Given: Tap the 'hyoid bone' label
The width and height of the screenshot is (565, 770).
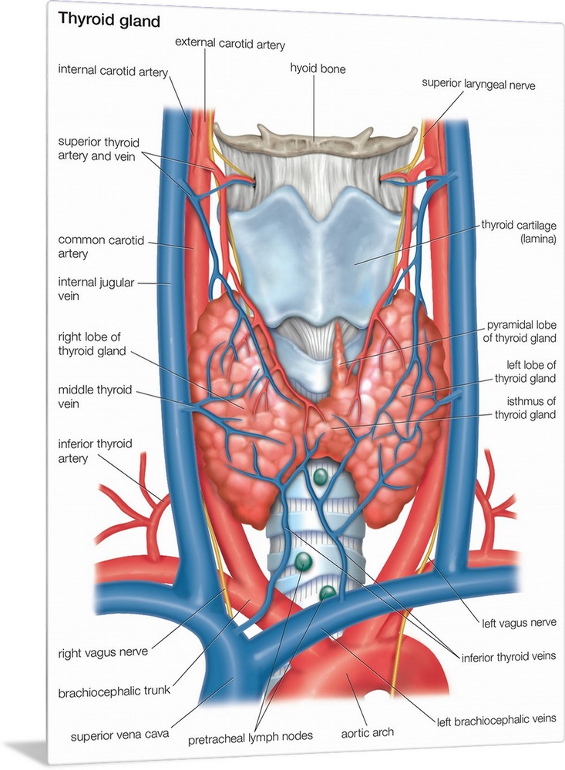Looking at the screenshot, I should pyautogui.click(x=318, y=69).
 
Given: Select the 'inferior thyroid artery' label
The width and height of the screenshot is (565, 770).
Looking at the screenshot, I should pyautogui.click(x=95, y=451).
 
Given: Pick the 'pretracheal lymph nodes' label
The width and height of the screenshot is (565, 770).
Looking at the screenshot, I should pyautogui.click(x=251, y=736).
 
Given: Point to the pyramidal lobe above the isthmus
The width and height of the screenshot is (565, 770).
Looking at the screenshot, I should pyautogui.click(x=340, y=354).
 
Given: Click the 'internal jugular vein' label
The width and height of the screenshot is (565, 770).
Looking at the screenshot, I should pyautogui.click(x=96, y=290).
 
